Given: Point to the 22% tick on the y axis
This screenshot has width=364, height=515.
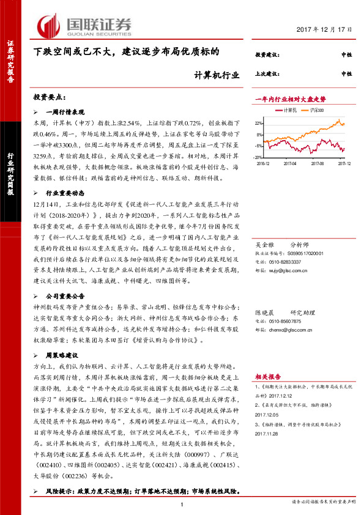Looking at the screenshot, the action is click(259, 123).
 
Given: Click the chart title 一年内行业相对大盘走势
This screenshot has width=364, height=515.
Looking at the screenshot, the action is click(290, 98).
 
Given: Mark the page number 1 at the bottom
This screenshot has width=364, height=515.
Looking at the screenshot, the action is click(182, 503).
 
